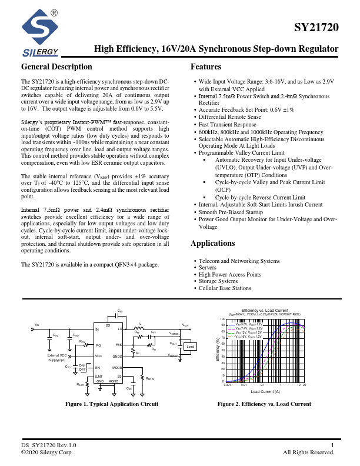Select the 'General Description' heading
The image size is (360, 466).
56,67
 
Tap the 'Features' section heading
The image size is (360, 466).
206,67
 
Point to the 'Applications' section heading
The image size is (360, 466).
213,244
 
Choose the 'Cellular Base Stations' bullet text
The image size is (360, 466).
225,289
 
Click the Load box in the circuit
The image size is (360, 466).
190,347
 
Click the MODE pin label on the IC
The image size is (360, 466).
117,366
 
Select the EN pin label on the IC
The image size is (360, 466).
99,367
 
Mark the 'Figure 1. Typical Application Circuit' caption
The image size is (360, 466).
112,404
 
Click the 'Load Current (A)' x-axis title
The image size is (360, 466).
265,391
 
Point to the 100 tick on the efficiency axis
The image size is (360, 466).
223,319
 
